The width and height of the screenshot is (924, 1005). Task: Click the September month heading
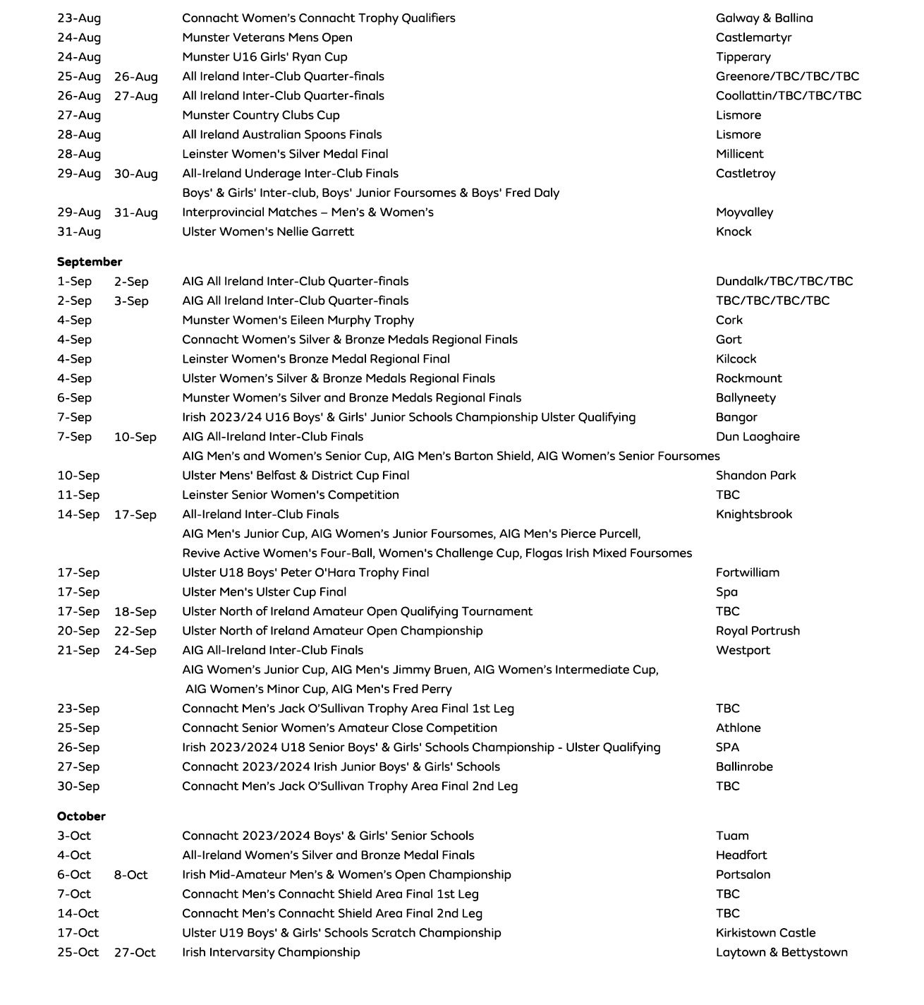coord(90,262)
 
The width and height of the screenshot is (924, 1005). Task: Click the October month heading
coord(81,817)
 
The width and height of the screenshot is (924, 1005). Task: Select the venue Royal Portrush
coord(758,631)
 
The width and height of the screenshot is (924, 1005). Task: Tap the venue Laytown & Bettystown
coord(782,952)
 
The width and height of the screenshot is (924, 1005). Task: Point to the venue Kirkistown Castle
coord(765,933)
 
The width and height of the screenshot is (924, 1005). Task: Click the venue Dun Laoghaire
coord(758,437)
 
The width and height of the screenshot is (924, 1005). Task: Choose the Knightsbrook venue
coord(754,514)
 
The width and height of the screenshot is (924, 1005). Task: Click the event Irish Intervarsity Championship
coord(271,952)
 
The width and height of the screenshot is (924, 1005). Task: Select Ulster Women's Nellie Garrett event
coord(268,231)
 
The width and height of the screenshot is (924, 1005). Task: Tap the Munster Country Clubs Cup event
coord(261,115)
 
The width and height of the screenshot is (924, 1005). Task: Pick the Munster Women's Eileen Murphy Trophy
coord(298,320)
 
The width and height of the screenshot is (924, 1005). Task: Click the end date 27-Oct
coord(135,953)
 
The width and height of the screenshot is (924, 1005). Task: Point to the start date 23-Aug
coord(79,18)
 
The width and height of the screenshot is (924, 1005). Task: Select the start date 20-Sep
coord(78,631)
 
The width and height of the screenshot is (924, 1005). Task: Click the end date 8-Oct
coord(131,875)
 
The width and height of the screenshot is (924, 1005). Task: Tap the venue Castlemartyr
coord(753,37)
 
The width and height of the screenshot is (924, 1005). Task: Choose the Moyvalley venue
coord(744,212)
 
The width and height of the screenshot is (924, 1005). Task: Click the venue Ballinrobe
coord(744,766)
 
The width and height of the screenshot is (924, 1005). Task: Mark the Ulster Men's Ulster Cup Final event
coord(264,592)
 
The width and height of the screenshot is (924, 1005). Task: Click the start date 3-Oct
coord(74,836)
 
